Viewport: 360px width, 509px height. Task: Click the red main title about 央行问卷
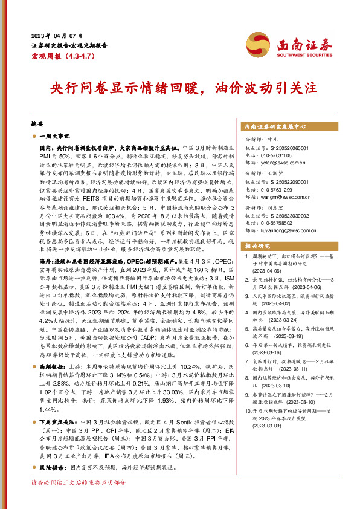point(179,86)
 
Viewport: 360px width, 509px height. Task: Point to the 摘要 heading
point(38,122)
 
